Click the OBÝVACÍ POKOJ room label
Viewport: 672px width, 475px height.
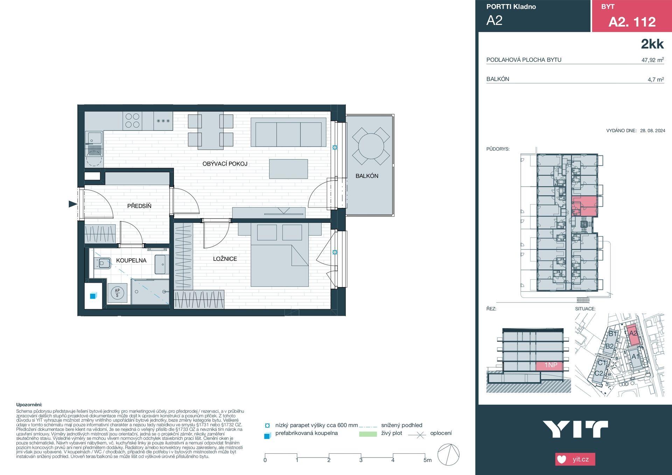click(225, 163)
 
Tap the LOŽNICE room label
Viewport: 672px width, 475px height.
click(225, 259)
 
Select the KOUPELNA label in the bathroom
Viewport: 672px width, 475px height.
click(131, 260)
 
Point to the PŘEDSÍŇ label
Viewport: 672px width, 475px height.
click(139, 206)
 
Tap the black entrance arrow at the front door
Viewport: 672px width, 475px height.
click(72, 204)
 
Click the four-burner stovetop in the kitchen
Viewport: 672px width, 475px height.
click(132, 120)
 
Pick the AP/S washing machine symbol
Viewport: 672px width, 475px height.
click(117, 293)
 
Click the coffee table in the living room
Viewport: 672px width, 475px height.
click(288, 169)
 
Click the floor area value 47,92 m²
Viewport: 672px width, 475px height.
click(652, 60)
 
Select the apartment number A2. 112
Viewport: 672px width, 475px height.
click(632, 22)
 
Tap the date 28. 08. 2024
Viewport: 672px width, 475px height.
click(652, 131)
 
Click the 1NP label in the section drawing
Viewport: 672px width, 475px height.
click(551, 365)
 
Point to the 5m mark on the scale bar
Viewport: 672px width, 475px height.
click(427, 460)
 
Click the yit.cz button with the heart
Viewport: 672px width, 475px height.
click(575, 459)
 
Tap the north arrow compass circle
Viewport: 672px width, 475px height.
click(448, 455)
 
